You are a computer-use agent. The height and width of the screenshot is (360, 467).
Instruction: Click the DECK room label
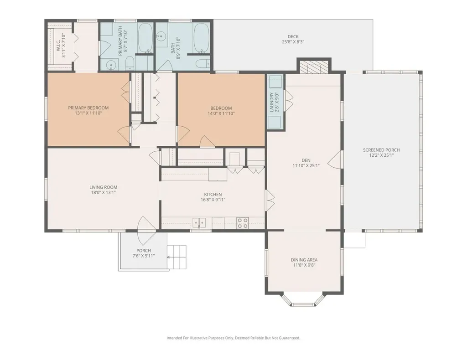pyautogui.click(x=293, y=36)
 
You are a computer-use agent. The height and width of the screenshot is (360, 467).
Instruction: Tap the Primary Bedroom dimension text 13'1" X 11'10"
pyautogui.click(x=88, y=113)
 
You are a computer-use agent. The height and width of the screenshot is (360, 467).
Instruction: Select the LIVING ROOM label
pyautogui.click(x=104, y=187)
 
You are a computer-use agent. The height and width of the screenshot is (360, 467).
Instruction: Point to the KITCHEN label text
pyautogui.click(x=213, y=195)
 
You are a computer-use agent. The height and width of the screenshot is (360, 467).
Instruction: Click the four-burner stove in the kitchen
pyautogui.click(x=243, y=223)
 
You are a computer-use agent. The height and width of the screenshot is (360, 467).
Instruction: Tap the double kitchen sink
pyautogui.click(x=199, y=222)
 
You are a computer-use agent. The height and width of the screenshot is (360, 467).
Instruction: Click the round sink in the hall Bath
pyautogui.click(x=161, y=36)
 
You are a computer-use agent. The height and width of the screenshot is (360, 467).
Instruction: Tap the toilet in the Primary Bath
pyautogui.click(x=130, y=63)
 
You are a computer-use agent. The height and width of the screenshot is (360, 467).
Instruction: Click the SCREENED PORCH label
pyautogui.click(x=381, y=150)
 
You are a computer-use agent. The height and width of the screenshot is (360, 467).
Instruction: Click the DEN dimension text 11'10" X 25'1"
pyautogui.click(x=306, y=166)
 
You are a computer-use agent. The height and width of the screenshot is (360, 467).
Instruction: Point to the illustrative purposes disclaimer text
pyautogui.click(x=233, y=338)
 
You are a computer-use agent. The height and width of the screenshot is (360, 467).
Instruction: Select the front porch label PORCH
pyautogui.click(x=144, y=251)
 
